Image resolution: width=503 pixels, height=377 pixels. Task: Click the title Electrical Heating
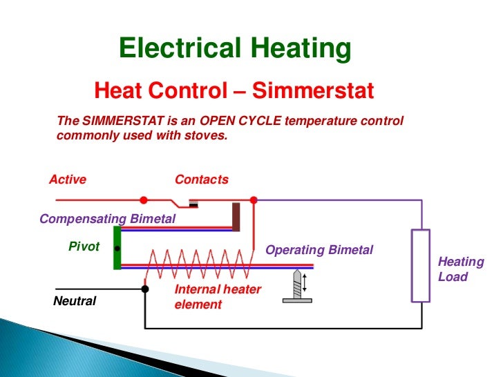tap(235, 49)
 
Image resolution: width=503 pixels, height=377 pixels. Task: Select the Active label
tap(68, 180)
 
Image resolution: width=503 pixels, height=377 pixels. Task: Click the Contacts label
tap(202, 180)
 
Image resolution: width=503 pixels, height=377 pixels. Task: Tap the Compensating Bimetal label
tap(108, 220)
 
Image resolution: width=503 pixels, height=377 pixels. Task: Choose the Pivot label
tap(84, 246)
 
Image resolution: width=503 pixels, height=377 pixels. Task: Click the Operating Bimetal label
tap(319, 250)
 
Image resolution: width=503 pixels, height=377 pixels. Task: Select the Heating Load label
tap(461, 269)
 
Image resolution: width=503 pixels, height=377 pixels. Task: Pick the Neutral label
tap(75, 302)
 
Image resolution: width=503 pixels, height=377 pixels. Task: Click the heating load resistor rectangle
tap(421, 266)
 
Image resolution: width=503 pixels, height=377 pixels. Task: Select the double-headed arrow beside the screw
tap(305, 282)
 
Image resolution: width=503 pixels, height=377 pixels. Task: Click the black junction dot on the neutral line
tap(145, 289)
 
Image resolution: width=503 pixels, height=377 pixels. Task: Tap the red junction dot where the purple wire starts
tap(254, 200)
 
